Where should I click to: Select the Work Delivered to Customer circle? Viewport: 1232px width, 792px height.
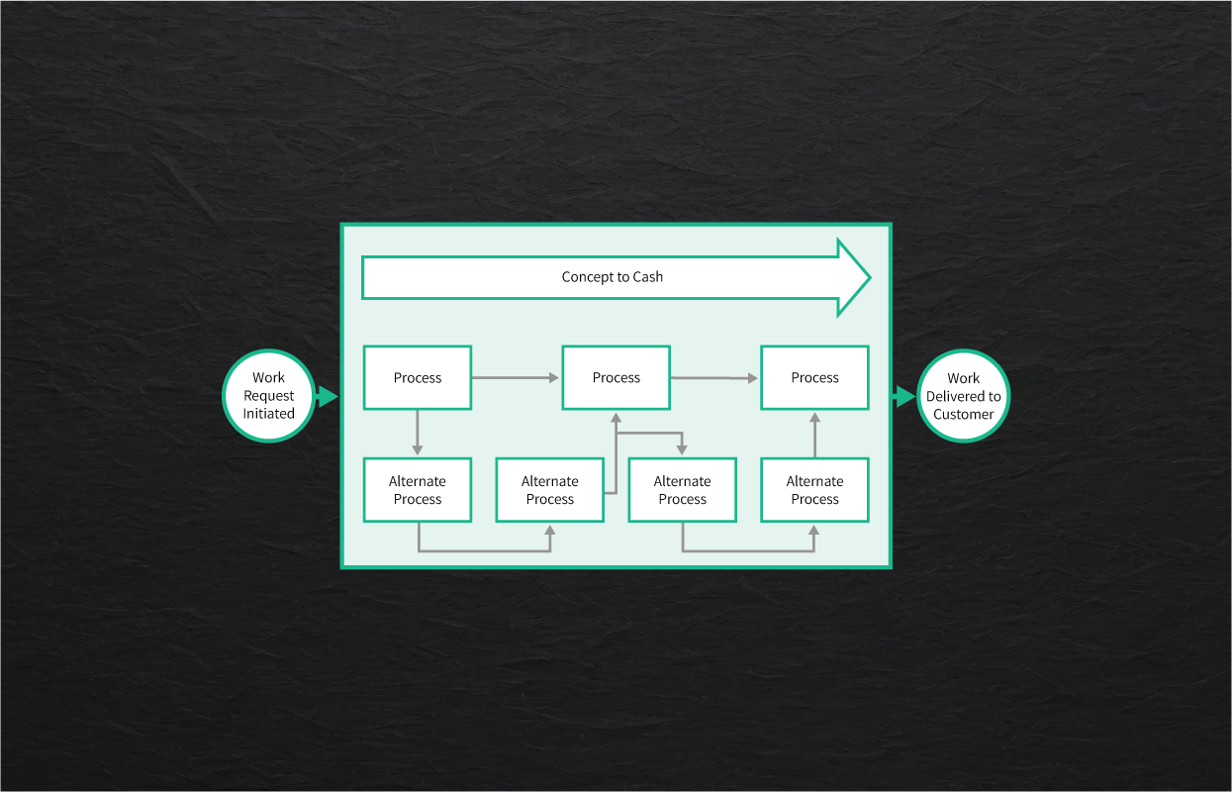tap(963, 396)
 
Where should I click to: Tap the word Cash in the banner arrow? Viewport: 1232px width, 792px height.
tap(647, 277)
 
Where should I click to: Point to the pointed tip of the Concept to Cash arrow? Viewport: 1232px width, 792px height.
tap(867, 277)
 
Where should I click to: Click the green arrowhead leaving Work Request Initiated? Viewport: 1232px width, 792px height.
tap(328, 397)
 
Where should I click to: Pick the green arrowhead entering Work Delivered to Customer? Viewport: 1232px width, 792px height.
tap(904, 397)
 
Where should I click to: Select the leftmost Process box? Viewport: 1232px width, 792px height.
tap(418, 377)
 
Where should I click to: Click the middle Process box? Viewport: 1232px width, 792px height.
tap(616, 377)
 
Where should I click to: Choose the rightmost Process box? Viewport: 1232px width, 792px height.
tap(814, 377)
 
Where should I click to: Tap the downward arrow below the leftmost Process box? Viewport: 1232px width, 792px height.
tap(418, 433)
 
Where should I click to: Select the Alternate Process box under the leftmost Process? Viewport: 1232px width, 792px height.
tap(418, 490)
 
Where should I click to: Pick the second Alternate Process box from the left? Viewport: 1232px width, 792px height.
tap(550, 490)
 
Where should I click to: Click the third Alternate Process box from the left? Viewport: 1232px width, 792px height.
tap(683, 490)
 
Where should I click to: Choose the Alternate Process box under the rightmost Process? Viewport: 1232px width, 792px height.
tap(814, 490)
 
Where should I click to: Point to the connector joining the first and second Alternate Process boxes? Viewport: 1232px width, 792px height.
tap(484, 550)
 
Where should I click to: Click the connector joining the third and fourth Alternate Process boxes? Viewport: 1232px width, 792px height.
tap(748, 550)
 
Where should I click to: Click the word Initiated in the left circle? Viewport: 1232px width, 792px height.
tap(269, 414)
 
